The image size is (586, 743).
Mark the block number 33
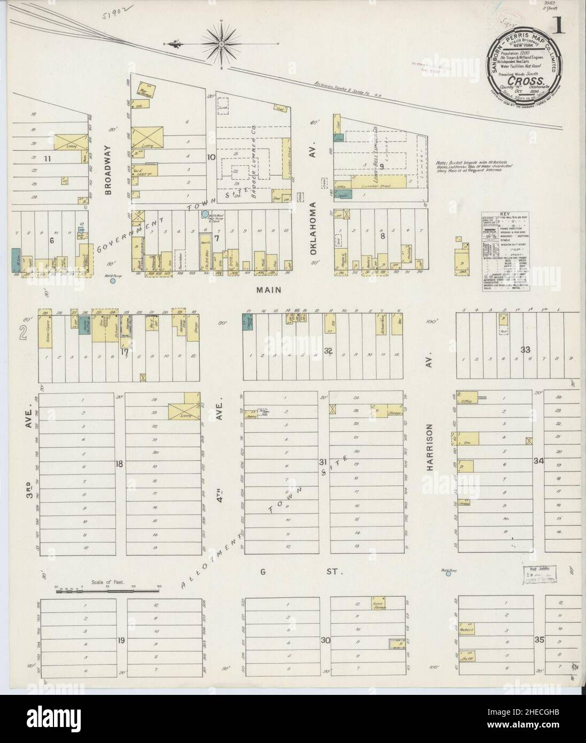526,350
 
